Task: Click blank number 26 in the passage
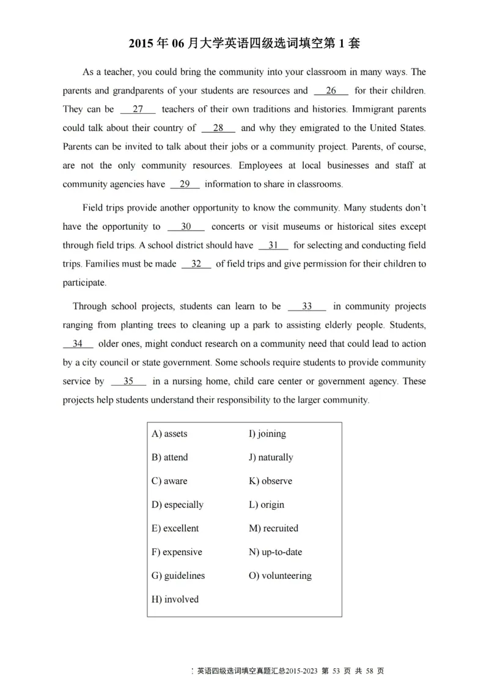[x=331, y=90]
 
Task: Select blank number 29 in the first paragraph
[x=185, y=184]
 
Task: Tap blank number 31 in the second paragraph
[x=273, y=245]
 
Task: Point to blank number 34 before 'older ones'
[x=78, y=344]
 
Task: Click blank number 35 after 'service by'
[x=128, y=381]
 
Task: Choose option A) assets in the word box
[x=169, y=433]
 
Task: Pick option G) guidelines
[x=178, y=575]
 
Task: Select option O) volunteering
[x=280, y=575]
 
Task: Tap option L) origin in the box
[x=267, y=504]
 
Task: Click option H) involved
[x=175, y=599]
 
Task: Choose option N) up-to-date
[x=275, y=551]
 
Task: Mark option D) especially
[x=177, y=504]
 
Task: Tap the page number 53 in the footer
[x=336, y=671]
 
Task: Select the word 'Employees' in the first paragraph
[x=260, y=166]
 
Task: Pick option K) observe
[x=270, y=480]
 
